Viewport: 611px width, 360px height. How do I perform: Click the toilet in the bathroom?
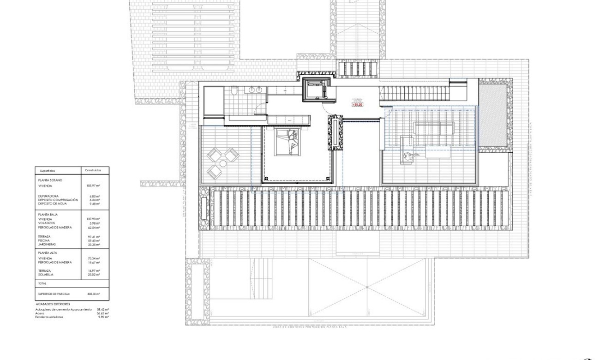(234, 90)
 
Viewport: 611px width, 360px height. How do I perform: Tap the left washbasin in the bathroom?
(252, 89)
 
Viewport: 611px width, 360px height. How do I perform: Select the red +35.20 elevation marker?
(357, 104)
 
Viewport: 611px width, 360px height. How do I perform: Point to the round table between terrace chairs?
(222, 163)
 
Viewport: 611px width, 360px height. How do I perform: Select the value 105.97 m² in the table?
(94, 186)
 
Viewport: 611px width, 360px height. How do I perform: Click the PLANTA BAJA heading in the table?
(48, 214)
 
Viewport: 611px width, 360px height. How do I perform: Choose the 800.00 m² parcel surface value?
(94, 294)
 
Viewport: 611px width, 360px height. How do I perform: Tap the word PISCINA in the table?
(45, 240)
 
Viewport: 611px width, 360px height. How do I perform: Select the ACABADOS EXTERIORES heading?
(53, 304)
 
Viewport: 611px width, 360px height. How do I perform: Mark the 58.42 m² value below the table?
(102, 310)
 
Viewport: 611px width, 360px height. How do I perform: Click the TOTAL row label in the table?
(42, 283)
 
